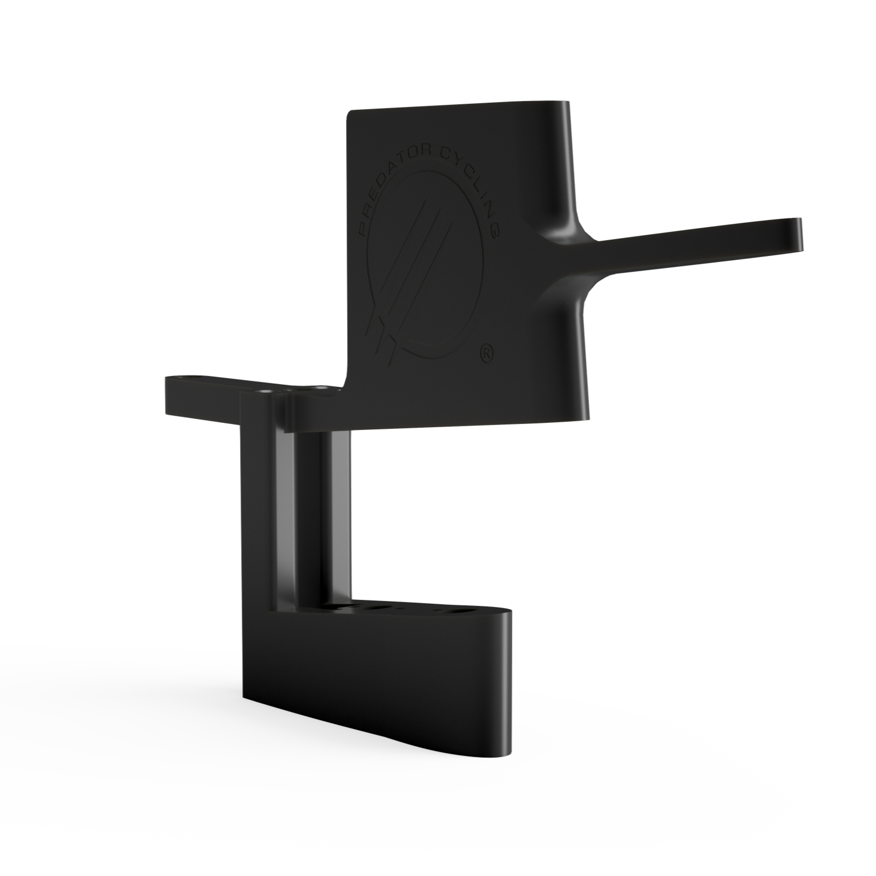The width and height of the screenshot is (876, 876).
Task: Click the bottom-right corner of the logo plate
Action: coord(585,418)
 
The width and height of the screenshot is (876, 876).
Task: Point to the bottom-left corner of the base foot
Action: coord(242,696)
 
